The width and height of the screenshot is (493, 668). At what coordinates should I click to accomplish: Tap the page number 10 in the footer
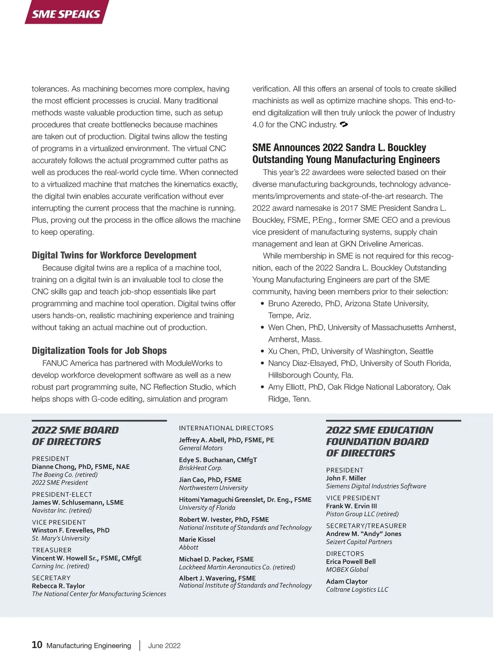(x=37, y=645)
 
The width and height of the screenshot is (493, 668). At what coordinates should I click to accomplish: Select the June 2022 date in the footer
(x=164, y=645)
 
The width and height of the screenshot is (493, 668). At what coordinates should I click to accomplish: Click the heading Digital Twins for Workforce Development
(x=114, y=255)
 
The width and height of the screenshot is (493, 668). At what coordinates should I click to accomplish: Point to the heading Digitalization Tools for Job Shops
(x=99, y=350)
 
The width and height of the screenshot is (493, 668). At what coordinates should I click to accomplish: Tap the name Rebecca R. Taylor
(x=58, y=586)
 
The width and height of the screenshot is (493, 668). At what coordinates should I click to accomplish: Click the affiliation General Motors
(x=200, y=448)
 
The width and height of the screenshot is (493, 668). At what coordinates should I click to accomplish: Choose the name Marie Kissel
(x=197, y=539)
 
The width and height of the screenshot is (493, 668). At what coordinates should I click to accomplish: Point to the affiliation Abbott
(x=189, y=547)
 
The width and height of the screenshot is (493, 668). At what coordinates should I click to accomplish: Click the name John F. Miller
(x=346, y=478)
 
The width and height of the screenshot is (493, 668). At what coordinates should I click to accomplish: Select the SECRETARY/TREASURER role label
(x=366, y=525)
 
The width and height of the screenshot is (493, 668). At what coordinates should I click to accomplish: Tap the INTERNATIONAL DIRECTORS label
(x=226, y=428)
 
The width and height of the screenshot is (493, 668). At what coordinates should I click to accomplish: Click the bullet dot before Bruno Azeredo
(x=262, y=304)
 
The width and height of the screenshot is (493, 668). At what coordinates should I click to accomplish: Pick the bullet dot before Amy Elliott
(x=262, y=387)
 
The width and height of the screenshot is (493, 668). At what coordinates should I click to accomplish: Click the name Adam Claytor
(x=347, y=581)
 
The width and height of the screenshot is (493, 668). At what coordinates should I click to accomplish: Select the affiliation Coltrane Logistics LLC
(x=357, y=590)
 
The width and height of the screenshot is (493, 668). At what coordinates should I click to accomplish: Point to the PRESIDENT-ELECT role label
(x=62, y=494)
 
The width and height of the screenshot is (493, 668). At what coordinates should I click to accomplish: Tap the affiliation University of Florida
(x=207, y=507)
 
